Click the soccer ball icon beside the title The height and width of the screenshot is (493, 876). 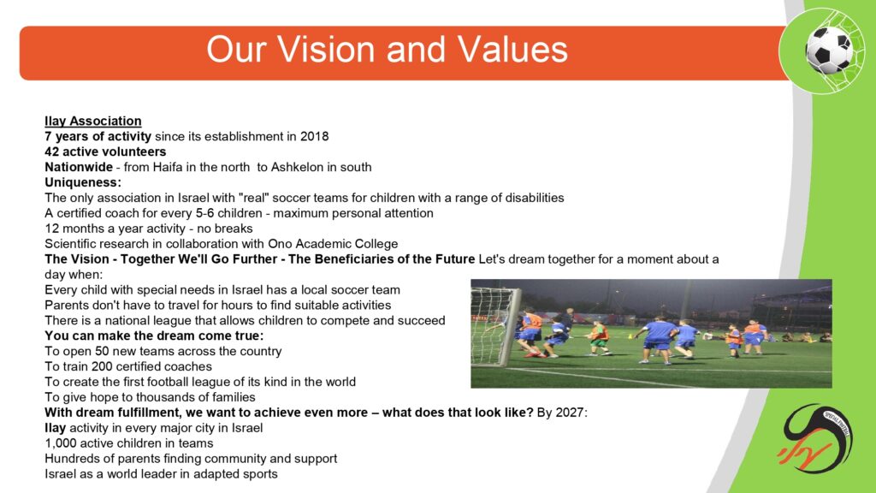point(828,50)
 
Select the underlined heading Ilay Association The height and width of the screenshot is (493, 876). point(92,122)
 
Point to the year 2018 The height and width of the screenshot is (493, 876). point(315,136)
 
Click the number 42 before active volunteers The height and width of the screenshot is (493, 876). point(52,152)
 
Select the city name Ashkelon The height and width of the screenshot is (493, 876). point(293,167)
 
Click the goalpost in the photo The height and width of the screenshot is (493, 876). point(510,327)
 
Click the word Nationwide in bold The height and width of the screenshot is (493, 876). point(79,167)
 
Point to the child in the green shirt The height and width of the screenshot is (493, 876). point(599,339)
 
